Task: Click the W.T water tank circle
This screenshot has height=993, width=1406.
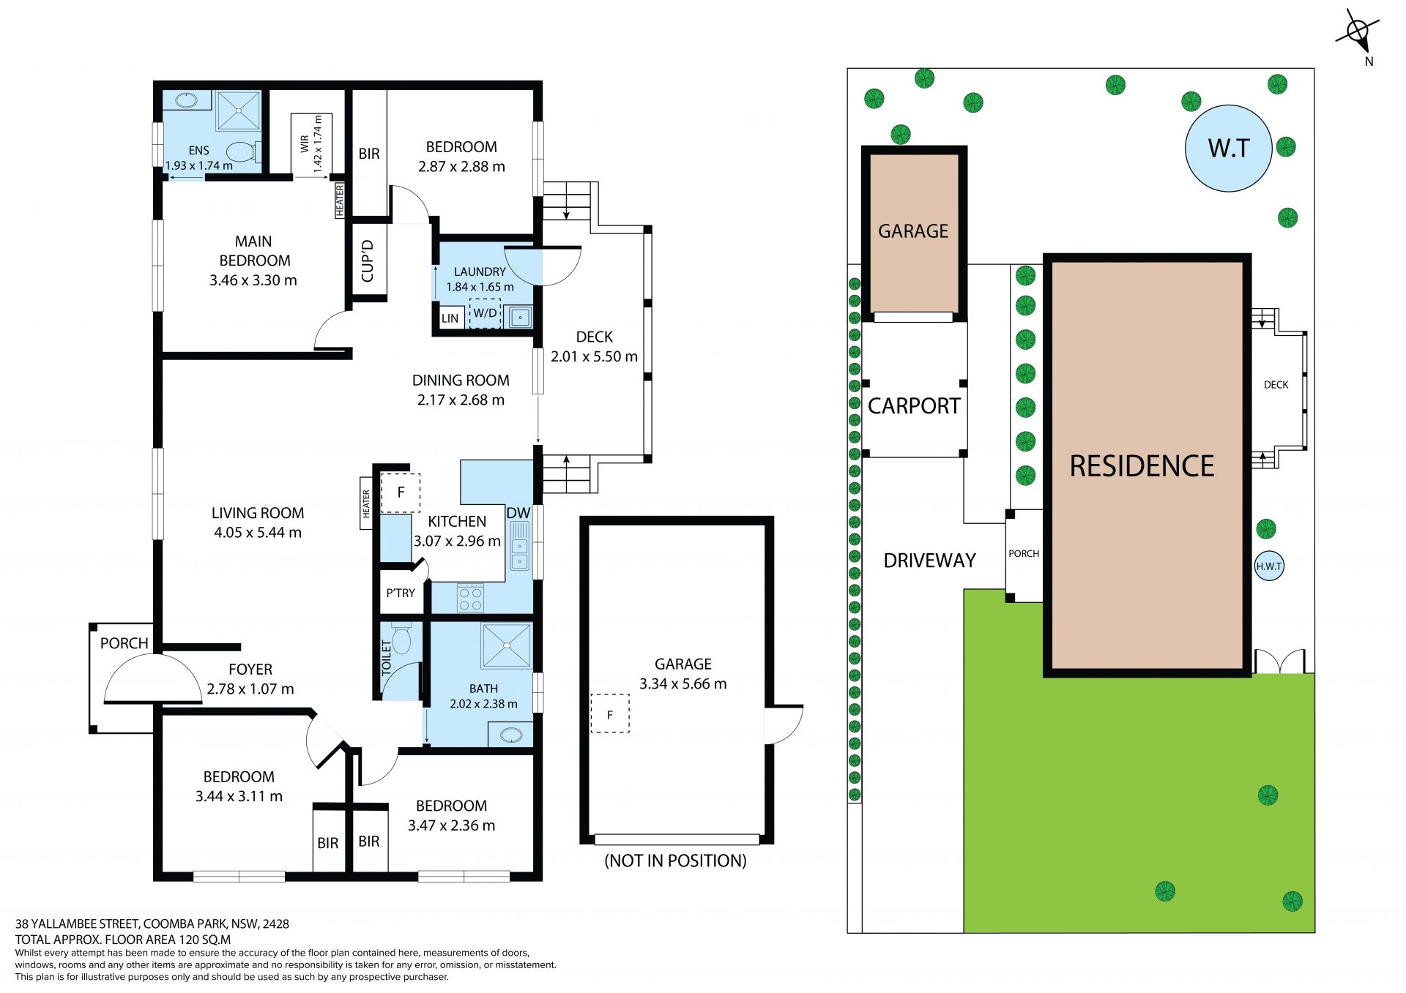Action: [x=1228, y=149]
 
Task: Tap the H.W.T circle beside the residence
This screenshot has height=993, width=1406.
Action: [x=1269, y=566]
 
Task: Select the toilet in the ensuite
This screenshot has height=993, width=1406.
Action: [x=242, y=152]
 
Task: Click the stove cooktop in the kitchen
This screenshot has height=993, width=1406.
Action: [x=470, y=598]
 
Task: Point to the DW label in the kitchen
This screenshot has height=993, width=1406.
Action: [x=518, y=513]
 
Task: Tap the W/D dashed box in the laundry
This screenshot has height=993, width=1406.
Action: [x=485, y=313]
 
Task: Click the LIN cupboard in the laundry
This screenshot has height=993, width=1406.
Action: [x=450, y=318]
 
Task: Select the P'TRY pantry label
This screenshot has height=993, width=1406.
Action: [x=401, y=593]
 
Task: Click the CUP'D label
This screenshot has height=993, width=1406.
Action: [x=368, y=261]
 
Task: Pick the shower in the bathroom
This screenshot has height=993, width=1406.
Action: [x=507, y=645]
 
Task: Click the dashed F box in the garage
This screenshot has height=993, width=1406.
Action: [x=610, y=713]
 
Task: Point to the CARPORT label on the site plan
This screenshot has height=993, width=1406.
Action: [x=914, y=406]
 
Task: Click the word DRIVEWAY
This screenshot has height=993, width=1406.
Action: [x=930, y=561]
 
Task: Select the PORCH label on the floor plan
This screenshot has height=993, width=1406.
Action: [x=124, y=643]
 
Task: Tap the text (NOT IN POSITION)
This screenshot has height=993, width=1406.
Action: [x=675, y=861]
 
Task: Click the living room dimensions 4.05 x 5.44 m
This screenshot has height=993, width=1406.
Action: [x=258, y=533]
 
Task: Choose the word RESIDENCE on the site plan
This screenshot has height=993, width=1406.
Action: [x=1142, y=466]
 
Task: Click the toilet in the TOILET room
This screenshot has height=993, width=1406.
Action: [x=401, y=639]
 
